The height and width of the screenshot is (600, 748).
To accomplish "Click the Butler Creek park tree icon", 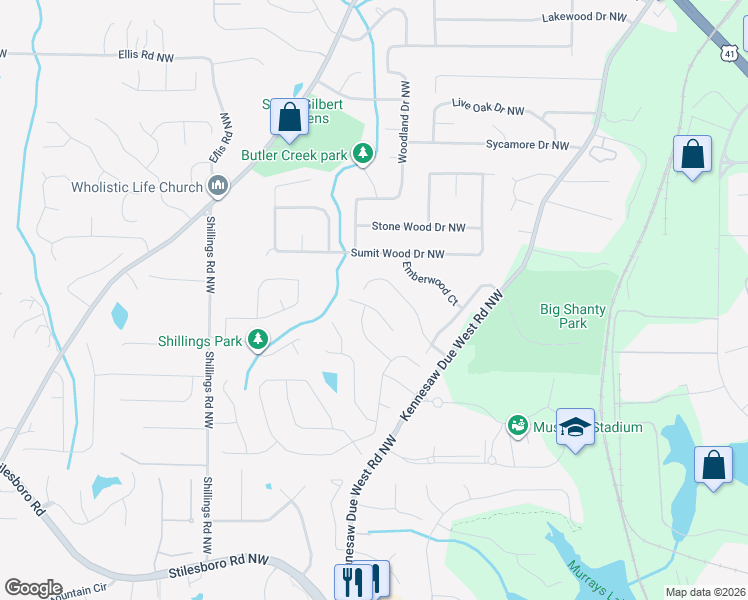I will (363, 154).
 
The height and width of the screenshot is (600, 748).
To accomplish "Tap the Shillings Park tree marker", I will (258, 341).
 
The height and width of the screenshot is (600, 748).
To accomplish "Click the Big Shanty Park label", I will (572, 316).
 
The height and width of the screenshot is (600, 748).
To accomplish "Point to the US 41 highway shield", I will (731, 51).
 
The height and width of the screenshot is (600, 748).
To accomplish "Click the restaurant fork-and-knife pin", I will (351, 580).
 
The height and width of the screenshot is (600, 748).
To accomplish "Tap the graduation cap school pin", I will (575, 428).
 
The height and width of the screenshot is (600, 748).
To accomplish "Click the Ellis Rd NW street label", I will (145, 57).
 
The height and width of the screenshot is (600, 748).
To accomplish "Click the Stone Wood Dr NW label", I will (419, 227).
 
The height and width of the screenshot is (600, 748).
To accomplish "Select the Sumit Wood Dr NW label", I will (396, 254).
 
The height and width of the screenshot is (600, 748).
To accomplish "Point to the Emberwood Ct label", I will (430, 282).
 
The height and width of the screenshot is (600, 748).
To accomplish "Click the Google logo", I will (33, 588).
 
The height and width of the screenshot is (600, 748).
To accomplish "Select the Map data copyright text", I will (706, 592).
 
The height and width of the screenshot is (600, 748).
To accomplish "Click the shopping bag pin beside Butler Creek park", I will (289, 118).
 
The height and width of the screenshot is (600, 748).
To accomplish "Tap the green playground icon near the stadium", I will (518, 427).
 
